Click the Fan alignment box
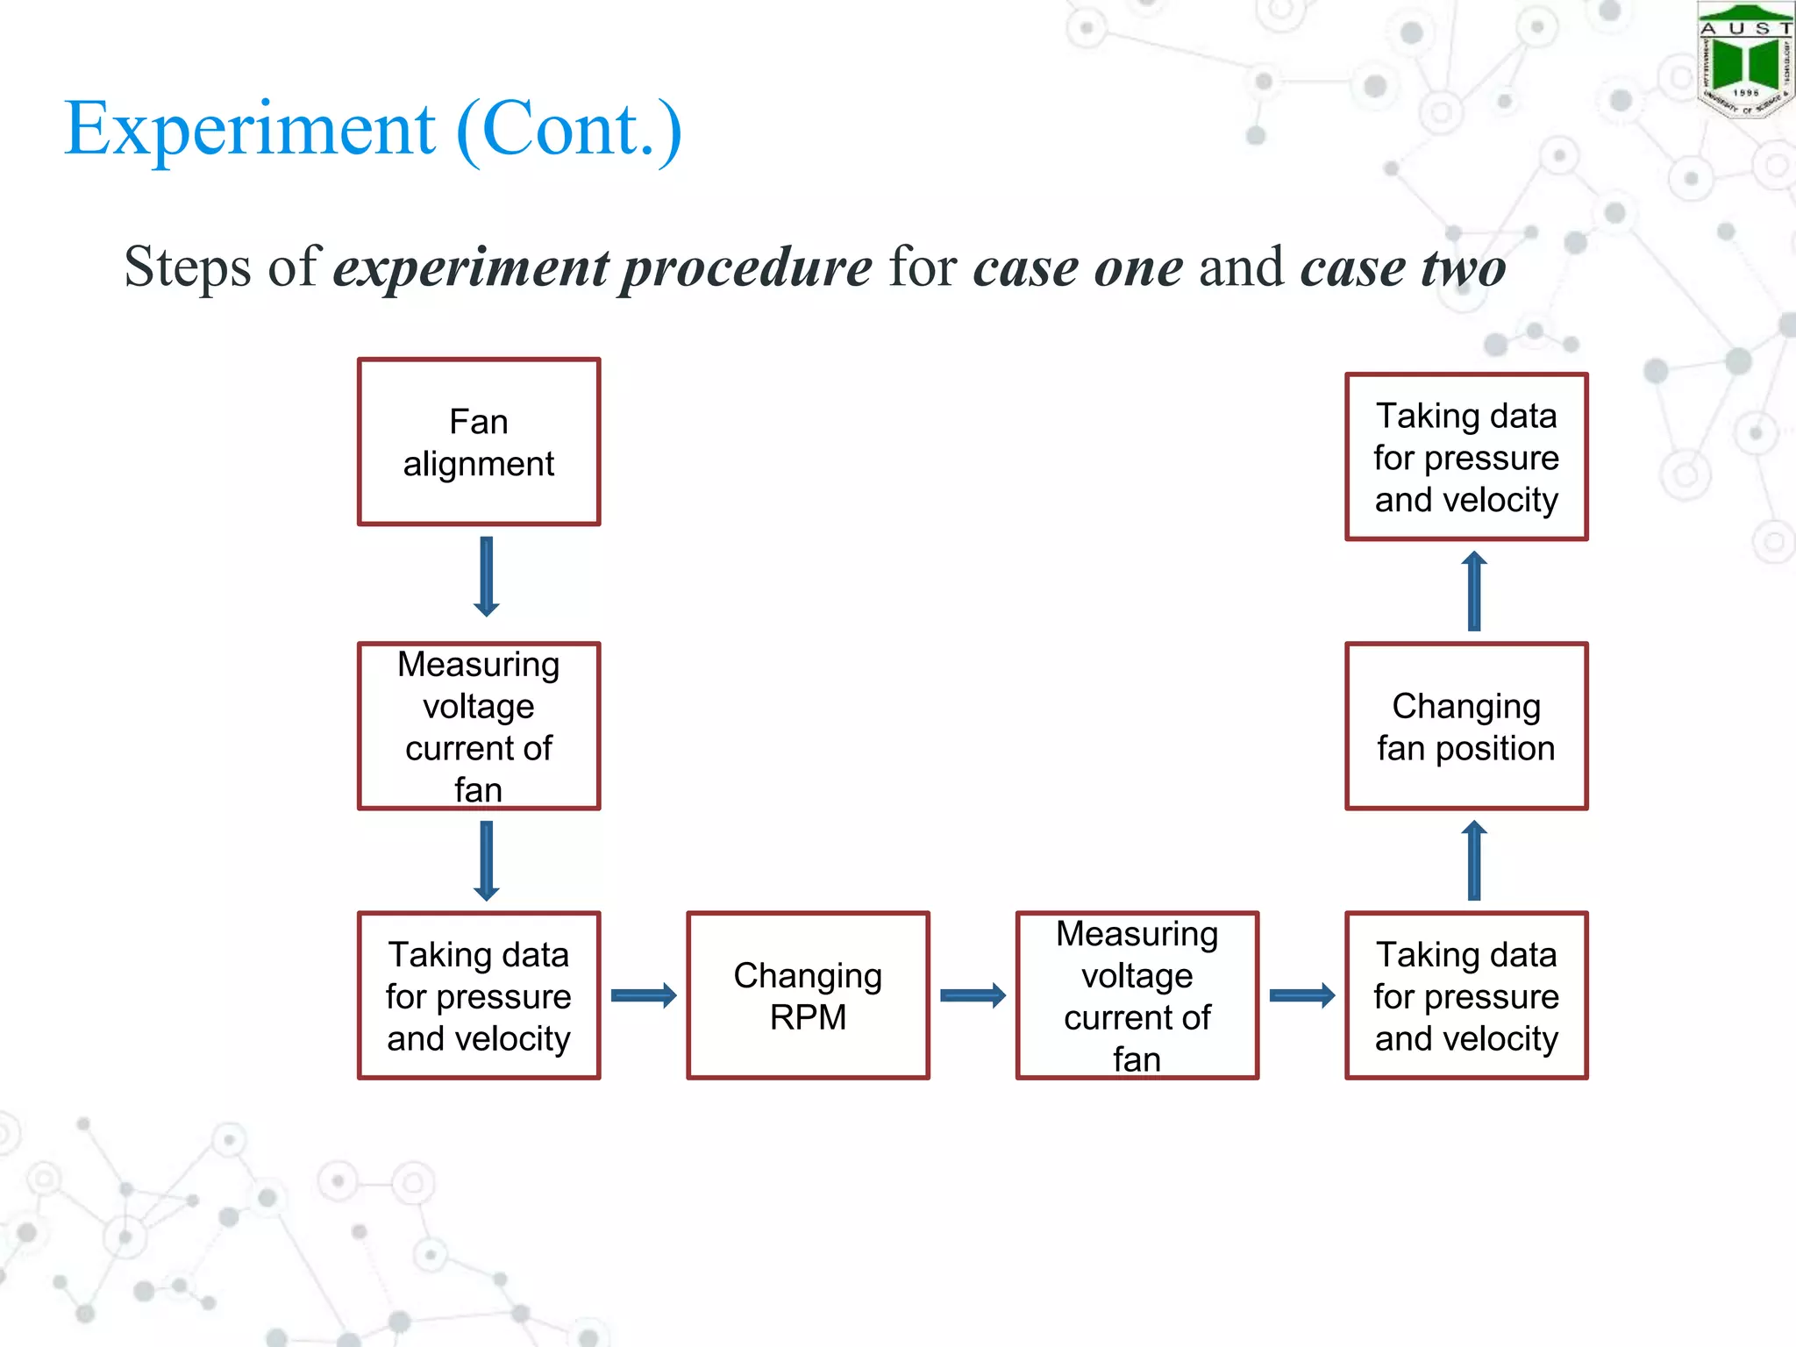pos(479,442)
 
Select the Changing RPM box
pos(808,995)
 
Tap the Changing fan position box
pos(1466,726)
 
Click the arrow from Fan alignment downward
pos(487,576)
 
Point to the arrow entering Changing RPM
pos(644,995)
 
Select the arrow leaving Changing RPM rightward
pos(973,995)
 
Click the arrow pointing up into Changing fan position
pos(1474,860)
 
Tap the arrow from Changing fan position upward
pos(1474,591)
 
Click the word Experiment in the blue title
pos(250,129)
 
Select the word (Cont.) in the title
pos(569,129)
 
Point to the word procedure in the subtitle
pos(746,267)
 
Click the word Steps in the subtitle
pos(188,267)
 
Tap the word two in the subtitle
pos(1464,267)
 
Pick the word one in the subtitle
pos(1139,267)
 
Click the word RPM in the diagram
pos(808,1017)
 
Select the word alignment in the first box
pos(479,464)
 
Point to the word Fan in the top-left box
pos(479,422)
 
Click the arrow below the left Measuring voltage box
pos(487,860)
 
